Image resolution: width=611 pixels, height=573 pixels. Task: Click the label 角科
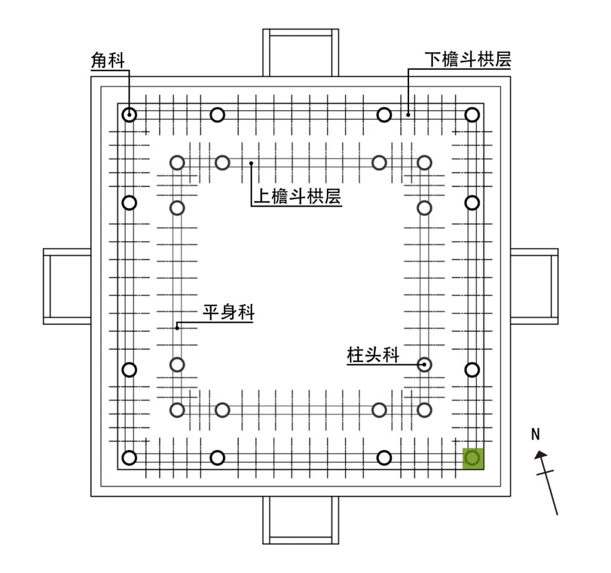coord(107,61)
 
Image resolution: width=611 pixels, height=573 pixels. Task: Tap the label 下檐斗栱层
coord(467,60)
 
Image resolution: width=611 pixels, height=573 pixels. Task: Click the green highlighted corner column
coord(473,458)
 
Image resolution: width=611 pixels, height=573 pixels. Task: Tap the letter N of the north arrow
coord(536,434)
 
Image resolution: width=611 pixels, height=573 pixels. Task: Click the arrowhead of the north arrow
coord(541,454)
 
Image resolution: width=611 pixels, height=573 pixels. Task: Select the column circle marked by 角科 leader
coord(130,114)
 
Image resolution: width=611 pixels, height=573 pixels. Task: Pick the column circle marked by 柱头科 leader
coord(424,365)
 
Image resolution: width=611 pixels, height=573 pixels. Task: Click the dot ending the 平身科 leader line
coord(177,327)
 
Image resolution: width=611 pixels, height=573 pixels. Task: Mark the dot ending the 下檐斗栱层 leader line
coord(408,114)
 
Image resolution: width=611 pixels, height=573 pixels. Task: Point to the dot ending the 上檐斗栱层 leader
coord(251,163)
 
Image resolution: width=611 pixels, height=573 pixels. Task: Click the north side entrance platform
coord(300,53)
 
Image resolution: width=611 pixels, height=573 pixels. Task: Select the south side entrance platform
coord(300,520)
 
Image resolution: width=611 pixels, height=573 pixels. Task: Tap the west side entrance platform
coord(67,286)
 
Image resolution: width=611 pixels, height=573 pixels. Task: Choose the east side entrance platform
coord(534,286)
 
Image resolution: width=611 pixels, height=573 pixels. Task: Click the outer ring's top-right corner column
coord(472,114)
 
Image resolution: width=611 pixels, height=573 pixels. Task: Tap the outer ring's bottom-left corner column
coord(130,458)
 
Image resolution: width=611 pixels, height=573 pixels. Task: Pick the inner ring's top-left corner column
coord(178,163)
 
